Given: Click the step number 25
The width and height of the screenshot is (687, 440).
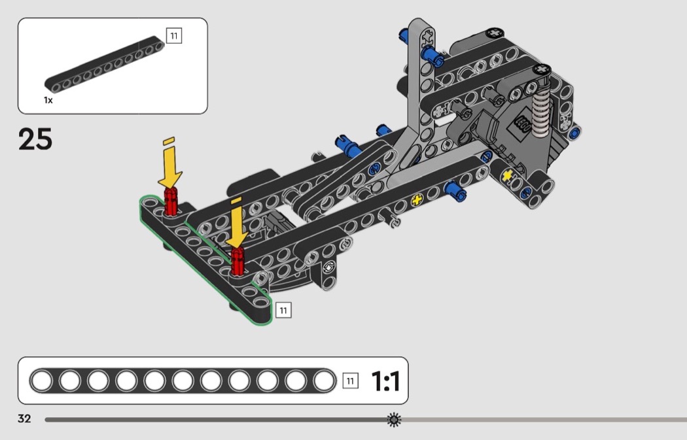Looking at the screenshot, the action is pyautogui.click(x=35, y=139).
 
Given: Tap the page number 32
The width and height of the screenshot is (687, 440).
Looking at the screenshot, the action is pyautogui.click(x=24, y=419).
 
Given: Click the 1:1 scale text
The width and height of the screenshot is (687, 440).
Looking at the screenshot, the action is pyautogui.click(x=385, y=381).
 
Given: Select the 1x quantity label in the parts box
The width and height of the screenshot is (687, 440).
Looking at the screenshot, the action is pyautogui.click(x=48, y=100).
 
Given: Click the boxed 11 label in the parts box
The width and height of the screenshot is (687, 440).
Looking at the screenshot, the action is pyautogui.click(x=174, y=35).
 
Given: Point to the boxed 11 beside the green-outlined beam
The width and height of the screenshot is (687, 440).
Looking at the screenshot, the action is pyautogui.click(x=283, y=311).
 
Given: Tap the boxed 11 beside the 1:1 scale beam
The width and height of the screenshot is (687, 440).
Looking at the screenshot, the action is pyautogui.click(x=350, y=381).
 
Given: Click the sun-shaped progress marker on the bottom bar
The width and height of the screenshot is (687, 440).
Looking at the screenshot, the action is pyautogui.click(x=394, y=420).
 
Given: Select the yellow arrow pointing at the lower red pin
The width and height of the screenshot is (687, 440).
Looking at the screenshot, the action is pyautogui.click(x=237, y=223).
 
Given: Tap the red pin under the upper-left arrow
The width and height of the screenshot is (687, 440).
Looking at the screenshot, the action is pyautogui.click(x=171, y=201).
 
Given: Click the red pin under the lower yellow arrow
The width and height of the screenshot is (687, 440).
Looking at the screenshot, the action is pyautogui.click(x=237, y=262).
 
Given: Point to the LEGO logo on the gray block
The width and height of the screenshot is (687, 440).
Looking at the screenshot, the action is pyautogui.click(x=523, y=126).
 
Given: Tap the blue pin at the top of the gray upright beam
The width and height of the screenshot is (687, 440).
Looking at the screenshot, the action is pyautogui.click(x=432, y=55).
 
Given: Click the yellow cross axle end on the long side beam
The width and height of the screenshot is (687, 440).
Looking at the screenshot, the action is pyautogui.click(x=417, y=201).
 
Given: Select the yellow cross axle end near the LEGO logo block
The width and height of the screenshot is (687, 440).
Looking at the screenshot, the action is pyautogui.click(x=507, y=176).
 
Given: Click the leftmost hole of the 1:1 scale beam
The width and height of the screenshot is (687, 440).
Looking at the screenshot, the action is pyautogui.click(x=42, y=381).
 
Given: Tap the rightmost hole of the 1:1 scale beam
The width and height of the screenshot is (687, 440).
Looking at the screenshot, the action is pyautogui.click(x=324, y=381).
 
